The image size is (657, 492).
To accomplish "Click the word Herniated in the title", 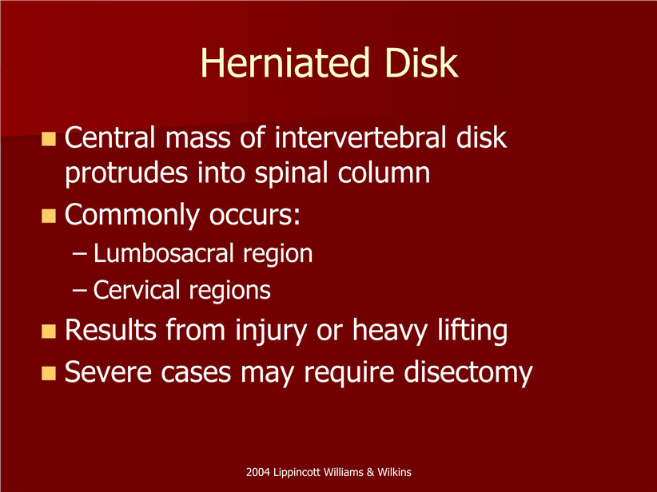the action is pos(285,63).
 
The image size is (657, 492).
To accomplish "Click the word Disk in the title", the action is pos(421,63).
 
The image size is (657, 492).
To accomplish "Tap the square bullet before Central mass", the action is pos(49,139).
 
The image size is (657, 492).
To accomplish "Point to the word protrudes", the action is pos(126,173).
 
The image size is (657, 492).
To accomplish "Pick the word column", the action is pos(384,173).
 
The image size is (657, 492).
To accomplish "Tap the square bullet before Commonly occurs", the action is pos(49,216).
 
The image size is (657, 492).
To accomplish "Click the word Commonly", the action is pos(132,215).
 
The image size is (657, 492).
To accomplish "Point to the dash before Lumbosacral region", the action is pos(80,254).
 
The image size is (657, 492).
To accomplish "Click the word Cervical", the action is pos(136,290).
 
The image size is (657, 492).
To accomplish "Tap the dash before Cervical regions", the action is pos(80,291).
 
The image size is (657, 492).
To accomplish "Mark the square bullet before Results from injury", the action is pos(49,331).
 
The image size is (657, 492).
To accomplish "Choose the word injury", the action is pos(271,331).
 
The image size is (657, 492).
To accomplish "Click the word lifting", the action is pos(472,331).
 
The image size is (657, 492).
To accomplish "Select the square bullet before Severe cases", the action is pos(49,373).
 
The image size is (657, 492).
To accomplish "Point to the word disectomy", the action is pos(468,372).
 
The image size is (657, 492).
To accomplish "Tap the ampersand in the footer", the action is pos(370,472).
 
